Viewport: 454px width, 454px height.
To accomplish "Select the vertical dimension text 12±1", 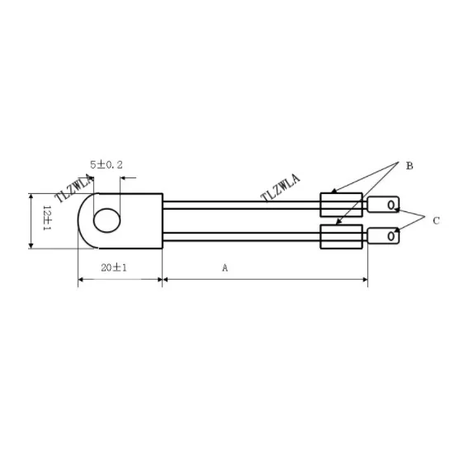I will pyautogui.click(x=47, y=220).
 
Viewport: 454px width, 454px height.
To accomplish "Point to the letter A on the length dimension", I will pyautogui.click(x=224, y=268).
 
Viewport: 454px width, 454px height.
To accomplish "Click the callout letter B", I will pyautogui.click(x=409, y=166).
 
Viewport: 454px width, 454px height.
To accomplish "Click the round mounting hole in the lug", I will pyautogui.click(x=106, y=220).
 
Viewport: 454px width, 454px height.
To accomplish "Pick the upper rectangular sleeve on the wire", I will pyautogui.click(x=341, y=204).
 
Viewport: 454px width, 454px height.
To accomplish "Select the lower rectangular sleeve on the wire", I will pyautogui.click(x=341, y=236).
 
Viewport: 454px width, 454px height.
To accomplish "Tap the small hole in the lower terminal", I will pyautogui.click(x=390, y=236).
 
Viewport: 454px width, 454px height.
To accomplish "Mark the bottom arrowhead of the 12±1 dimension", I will pyautogui.click(x=31, y=244).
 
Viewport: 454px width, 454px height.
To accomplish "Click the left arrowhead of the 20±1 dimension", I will pyautogui.click(x=82, y=281).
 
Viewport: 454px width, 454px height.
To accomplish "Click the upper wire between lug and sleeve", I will pyautogui.click(x=239, y=204).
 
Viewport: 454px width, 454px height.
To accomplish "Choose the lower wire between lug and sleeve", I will pyautogui.click(x=239, y=236).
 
